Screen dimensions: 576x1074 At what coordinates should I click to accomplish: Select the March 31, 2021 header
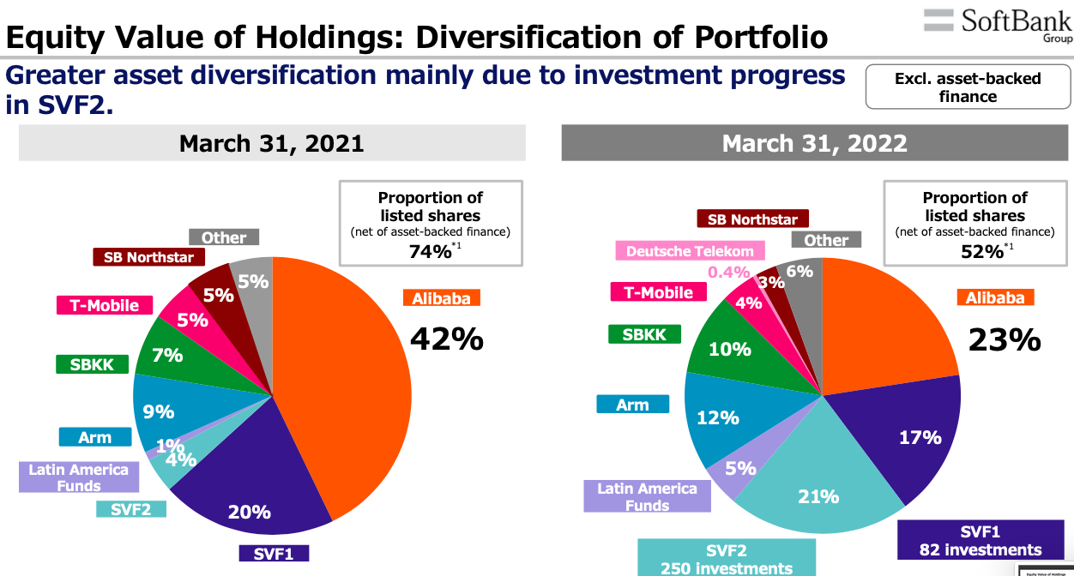click(272, 143)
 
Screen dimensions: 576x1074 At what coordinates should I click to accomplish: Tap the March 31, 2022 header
click(814, 143)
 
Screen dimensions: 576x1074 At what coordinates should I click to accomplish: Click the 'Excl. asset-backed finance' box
click(967, 87)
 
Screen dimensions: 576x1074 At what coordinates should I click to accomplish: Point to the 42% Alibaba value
click(446, 339)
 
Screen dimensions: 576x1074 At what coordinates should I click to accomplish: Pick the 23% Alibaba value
click(1005, 340)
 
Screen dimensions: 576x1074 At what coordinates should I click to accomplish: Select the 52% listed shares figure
click(982, 251)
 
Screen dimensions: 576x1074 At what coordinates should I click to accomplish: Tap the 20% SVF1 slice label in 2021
click(250, 512)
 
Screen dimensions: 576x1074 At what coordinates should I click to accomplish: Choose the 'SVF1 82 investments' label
click(980, 541)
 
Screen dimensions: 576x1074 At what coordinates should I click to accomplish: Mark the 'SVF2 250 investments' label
click(727, 558)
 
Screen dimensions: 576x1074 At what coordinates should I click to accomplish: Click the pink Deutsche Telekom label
click(690, 251)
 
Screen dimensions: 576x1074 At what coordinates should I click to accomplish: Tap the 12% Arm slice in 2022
click(718, 417)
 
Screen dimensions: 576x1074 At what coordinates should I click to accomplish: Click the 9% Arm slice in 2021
click(159, 411)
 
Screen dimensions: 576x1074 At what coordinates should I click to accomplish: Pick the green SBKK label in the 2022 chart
click(644, 334)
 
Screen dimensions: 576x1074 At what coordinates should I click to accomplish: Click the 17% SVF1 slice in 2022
click(920, 437)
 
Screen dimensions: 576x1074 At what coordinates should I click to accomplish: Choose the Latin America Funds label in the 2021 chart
click(78, 477)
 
